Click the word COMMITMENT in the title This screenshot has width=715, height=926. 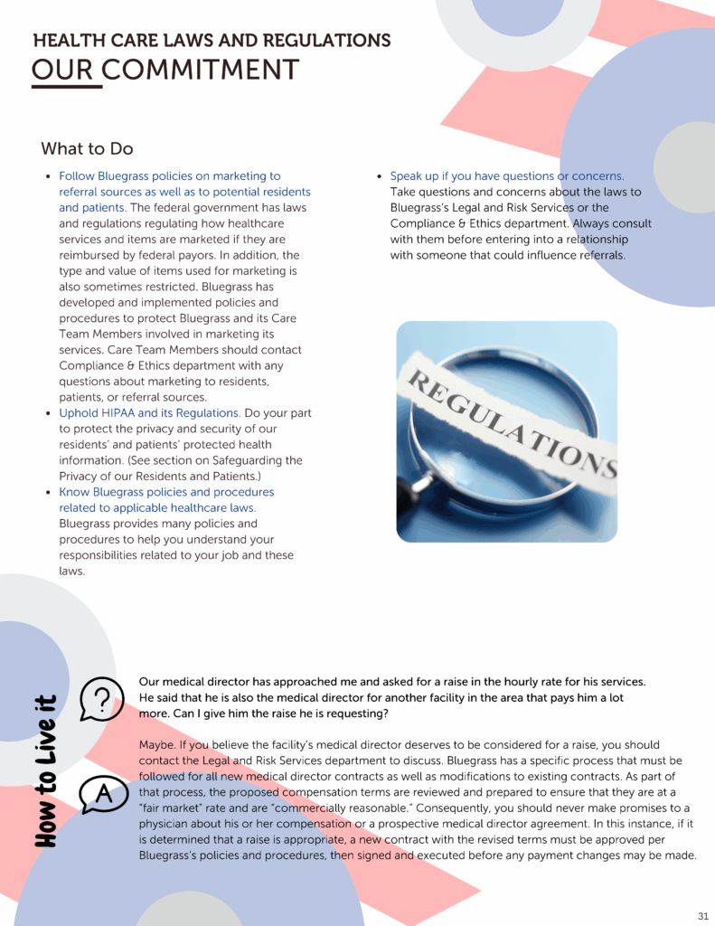[x=201, y=70]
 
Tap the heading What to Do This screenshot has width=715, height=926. [x=87, y=148]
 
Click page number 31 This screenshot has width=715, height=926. [x=702, y=915]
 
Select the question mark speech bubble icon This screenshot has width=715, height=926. [x=102, y=699]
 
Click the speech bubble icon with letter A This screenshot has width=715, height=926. [x=102, y=794]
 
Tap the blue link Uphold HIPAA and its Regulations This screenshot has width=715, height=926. [x=149, y=413]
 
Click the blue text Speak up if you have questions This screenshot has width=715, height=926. [x=506, y=176]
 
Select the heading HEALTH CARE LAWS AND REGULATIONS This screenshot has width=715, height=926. [x=212, y=41]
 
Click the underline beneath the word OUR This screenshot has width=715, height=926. [x=62, y=88]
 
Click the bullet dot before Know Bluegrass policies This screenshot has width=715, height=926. [x=47, y=493]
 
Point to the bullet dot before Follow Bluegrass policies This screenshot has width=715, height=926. [x=47, y=177]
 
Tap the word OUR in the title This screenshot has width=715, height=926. [x=62, y=70]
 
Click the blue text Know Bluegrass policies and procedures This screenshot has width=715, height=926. [x=166, y=492]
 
